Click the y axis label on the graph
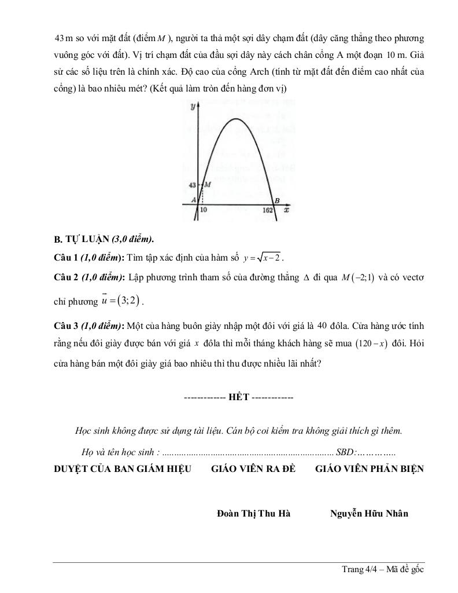[x=191, y=107]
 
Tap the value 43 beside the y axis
[x=193, y=185]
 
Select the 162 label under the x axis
[x=267, y=210]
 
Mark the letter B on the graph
[x=276, y=200]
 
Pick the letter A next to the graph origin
[x=194, y=199]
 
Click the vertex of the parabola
[x=236, y=119]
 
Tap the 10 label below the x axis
[x=204, y=210]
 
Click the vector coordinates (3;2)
[x=127, y=301]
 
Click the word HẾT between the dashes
[x=238, y=398]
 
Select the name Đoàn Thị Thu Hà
[x=253, y=514]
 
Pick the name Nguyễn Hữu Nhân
[x=369, y=514]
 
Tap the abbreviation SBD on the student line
[x=346, y=452]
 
